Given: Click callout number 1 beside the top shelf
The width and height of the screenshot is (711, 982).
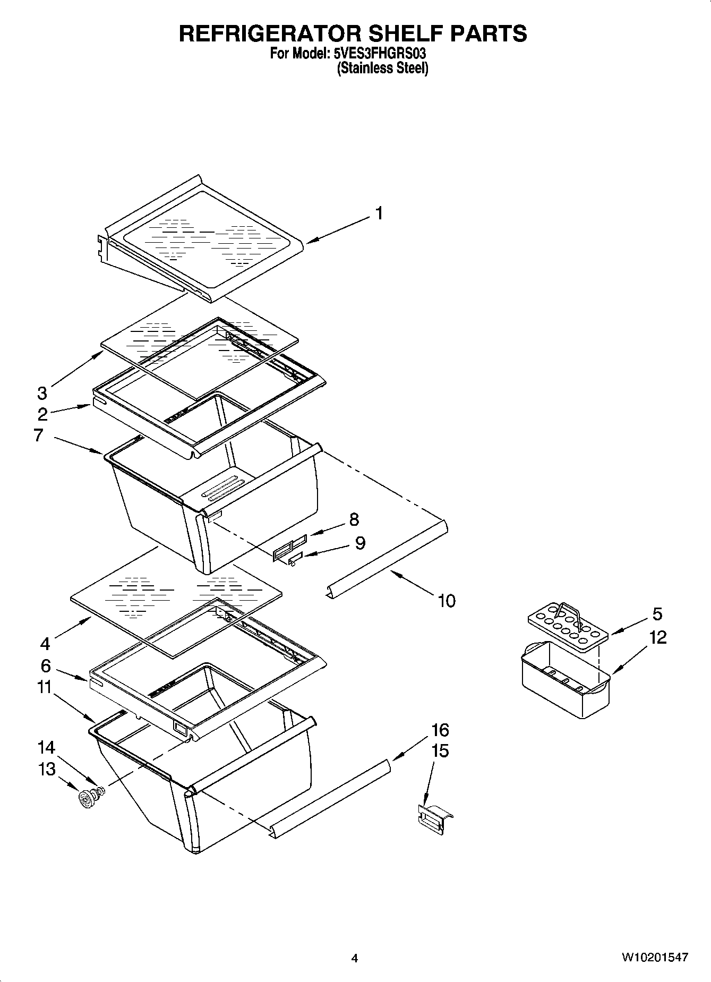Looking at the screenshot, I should [x=379, y=213].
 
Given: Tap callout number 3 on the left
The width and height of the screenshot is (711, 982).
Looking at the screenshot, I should [x=42, y=394].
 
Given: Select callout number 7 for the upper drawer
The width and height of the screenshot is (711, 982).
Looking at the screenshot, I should [x=38, y=436].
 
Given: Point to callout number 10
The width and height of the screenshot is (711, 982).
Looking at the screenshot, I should [x=447, y=601].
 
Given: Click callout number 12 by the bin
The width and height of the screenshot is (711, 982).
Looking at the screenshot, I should [x=657, y=637].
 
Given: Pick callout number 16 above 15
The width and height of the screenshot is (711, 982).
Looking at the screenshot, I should [x=440, y=730].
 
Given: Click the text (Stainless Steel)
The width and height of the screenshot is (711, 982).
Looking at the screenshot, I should [x=382, y=69].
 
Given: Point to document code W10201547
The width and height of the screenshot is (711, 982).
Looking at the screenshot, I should [x=655, y=958].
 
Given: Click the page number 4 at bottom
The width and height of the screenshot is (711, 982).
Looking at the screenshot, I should [x=355, y=958].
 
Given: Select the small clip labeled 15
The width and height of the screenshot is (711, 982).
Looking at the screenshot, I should [x=435, y=819].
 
